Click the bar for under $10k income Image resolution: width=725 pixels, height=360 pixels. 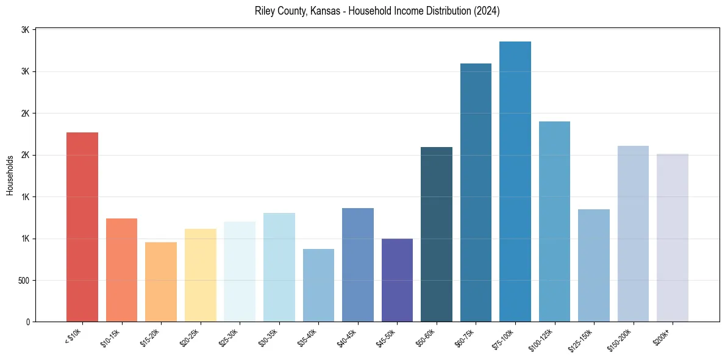(82, 227)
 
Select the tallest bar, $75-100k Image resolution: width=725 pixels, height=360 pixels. (515, 181)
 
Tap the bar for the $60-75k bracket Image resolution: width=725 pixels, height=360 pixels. (476, 192)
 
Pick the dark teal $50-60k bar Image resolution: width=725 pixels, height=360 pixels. (437, 234)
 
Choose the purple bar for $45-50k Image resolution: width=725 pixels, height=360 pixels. (397, 280)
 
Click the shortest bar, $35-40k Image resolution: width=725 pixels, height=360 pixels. (318, 285)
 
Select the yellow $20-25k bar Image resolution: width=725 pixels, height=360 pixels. (201, 275)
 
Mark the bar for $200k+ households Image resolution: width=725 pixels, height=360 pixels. (673, 237)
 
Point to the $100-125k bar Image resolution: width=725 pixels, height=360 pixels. (554, 221)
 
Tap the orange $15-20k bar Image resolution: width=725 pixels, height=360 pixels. (161, 282)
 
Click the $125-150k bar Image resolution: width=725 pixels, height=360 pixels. (594, 265)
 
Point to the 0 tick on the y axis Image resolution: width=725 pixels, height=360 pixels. (28, 322)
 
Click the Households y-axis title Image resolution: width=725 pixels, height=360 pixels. (10, 175)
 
